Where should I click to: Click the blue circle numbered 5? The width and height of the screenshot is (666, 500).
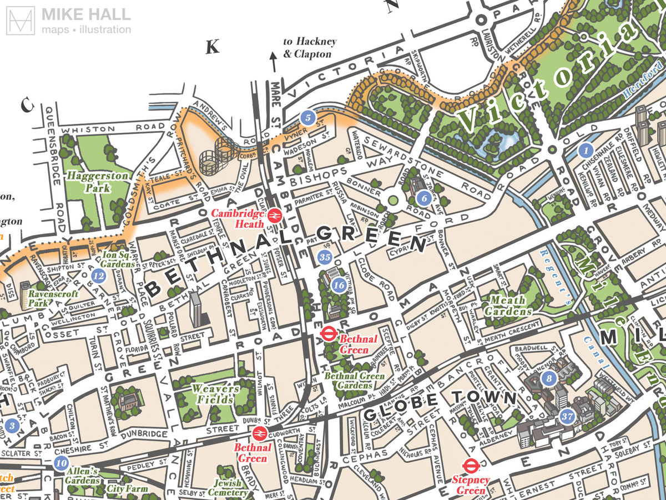[307, 117]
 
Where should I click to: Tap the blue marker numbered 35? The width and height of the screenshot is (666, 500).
[325, 257]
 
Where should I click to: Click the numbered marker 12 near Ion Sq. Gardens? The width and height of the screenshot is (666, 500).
[99, 275]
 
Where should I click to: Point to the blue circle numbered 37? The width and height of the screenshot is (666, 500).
[567, 416]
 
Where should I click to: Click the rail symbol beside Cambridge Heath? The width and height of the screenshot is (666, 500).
[274, 216]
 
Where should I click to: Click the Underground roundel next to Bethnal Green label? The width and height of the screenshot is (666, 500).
[328, 333]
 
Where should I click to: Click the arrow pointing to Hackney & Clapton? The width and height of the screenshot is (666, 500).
[273, 60]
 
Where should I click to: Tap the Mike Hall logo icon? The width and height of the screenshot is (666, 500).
[19, 21]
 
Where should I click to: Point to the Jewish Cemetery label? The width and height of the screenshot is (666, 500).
[228, 488]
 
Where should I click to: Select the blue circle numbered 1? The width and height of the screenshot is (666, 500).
[585, 150]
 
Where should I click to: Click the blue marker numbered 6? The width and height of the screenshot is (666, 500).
[423, 197]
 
